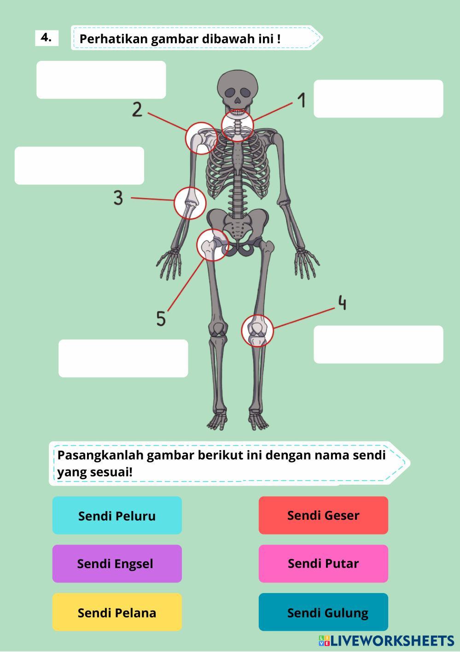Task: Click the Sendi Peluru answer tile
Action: click(x=117, y=515)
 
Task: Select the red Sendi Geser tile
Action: click(x=323, y=515)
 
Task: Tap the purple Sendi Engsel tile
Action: click(x=117, y=564)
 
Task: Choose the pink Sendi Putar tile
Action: click(x=323, y=564)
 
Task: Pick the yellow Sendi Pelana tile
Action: click(x=117, y=612)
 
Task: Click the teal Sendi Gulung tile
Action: click(x=323, y=612)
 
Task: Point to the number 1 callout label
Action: click(x=302, y=100)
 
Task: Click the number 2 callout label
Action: click(x=137, y=110)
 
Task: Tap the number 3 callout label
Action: click(x=118, y=198)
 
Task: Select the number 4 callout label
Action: click(x=342, y=303)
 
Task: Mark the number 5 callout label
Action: click(x=161, y=318)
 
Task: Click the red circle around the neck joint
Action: click(x=238, y=125)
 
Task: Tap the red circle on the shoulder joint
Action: click(x=201, y=138)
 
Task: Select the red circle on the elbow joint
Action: click(x=190, y=203)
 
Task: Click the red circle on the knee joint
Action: click(x=257, y=330)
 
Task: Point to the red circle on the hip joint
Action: click(x=212, y=245)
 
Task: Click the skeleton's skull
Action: click(x=237, y=88)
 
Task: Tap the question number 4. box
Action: click(x=47, y=38)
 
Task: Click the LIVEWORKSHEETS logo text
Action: click(x=391, y=640)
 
